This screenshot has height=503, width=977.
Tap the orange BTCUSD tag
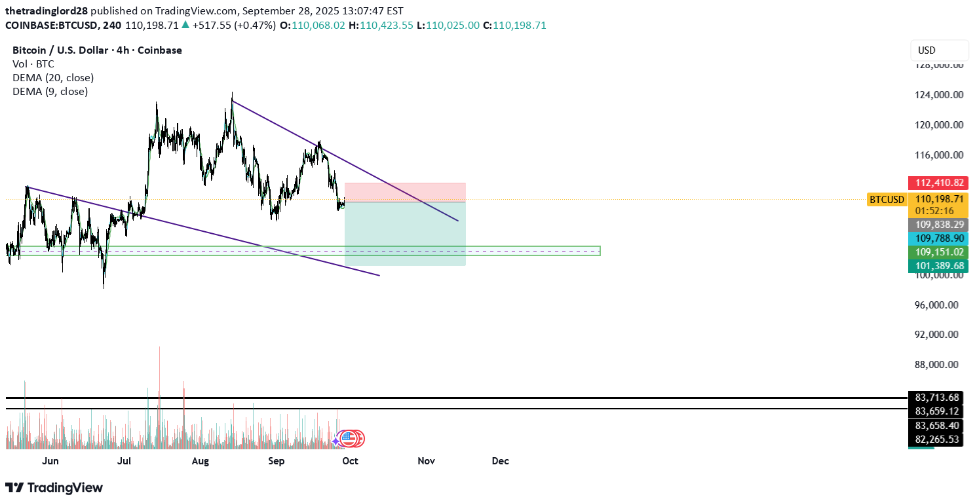[887, 200]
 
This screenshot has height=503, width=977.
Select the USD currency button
[939, 50]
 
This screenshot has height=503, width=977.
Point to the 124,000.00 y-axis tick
[939, 95]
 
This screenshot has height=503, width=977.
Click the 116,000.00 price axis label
[939, 155]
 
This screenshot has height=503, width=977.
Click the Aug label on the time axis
[201, 461]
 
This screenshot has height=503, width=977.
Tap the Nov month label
[427, 461]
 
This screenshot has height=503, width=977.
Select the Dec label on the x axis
[501, 461]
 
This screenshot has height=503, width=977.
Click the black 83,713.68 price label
[936, 398]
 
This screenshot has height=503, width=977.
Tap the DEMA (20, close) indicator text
[53, 78]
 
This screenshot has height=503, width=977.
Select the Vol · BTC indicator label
[33, 64]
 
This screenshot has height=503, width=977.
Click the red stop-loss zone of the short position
[405, 193]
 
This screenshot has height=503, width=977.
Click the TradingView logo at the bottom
[54, 488]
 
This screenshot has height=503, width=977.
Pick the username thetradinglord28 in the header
[47, 11]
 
